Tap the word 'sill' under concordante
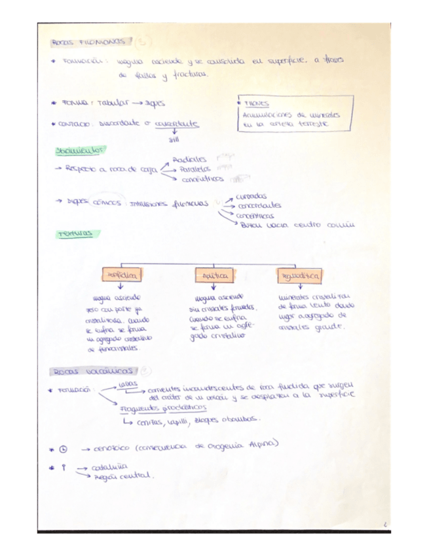174,138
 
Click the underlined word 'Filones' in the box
255,104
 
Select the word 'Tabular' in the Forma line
113,104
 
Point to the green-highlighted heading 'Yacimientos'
81,151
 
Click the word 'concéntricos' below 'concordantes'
255,216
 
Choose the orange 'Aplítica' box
214,276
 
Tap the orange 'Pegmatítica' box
299,276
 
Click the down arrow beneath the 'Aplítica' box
214,287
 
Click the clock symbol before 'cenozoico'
63,448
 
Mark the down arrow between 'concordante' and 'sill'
174,130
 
